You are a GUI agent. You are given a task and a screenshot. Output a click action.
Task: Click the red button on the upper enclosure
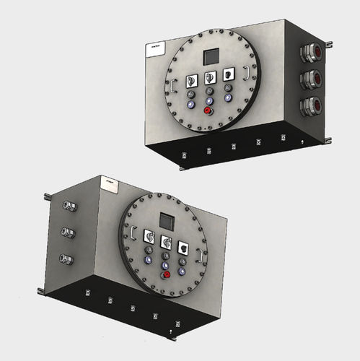tap(210, 111)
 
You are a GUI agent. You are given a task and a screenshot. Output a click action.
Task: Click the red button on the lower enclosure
tap(167, 274)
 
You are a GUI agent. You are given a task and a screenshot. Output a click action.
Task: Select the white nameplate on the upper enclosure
tap(153, 48)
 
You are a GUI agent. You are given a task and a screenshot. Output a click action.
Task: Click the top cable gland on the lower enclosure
tap(69, 206)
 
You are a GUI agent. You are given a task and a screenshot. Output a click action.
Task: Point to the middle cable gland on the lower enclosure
tap(69, 232)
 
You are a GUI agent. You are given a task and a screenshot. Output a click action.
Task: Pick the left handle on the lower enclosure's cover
tap(133, 234)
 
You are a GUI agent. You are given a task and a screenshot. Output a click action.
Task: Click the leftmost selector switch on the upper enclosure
tap(192, 79)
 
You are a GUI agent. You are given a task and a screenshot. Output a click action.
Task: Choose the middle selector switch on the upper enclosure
tap(210, 77)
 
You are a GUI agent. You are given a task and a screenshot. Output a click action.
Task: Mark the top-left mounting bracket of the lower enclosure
tap(47, 195)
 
